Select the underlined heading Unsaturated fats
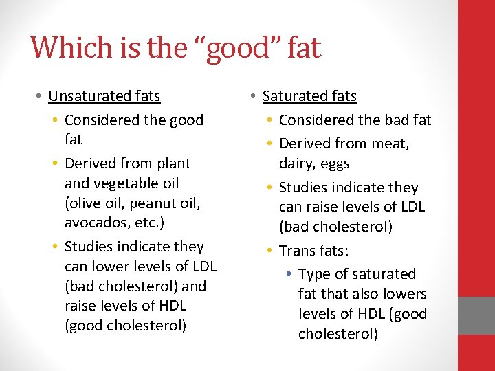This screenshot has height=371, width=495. [104, 96]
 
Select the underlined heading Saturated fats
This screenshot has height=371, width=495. [310, 96]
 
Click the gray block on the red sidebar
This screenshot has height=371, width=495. [476, 316]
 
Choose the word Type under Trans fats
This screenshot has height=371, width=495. [314, 274]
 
